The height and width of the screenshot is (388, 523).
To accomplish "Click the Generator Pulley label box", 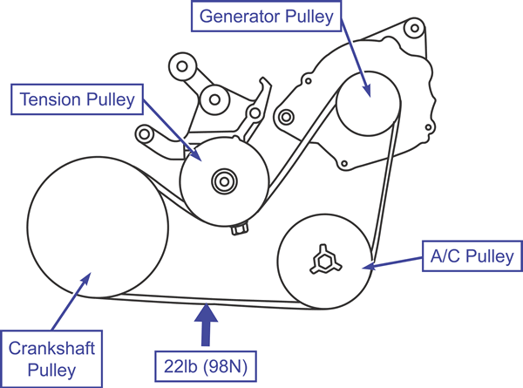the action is [x=266, y=16].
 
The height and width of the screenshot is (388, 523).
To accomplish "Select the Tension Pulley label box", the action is [x=77, y=99].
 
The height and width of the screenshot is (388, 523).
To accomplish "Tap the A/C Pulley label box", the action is [x=472, y=256].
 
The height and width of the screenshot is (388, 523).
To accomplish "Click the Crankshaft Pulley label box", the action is [x=51, y=359].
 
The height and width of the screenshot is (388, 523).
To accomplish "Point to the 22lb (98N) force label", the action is [x=206, y=366].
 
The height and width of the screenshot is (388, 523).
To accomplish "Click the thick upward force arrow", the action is [x=206, y=324].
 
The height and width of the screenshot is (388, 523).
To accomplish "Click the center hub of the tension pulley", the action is [x=225, y=182].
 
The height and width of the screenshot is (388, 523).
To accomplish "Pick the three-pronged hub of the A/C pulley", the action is [x=324, y=261].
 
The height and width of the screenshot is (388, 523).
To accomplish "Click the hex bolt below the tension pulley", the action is [x=240, y=229].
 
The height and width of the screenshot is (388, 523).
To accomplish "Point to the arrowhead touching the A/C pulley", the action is [x=369, y=266].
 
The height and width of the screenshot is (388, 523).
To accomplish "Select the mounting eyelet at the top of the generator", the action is [x=414, y=29].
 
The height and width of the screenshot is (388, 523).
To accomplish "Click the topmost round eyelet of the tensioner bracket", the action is [x=182, y=66].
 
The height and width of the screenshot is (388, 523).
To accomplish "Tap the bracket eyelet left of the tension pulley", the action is [x=144, y=134].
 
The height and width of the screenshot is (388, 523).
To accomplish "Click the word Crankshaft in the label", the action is [x=51, y=348].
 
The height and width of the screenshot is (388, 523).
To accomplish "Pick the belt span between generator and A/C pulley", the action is [x=386, y=187].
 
